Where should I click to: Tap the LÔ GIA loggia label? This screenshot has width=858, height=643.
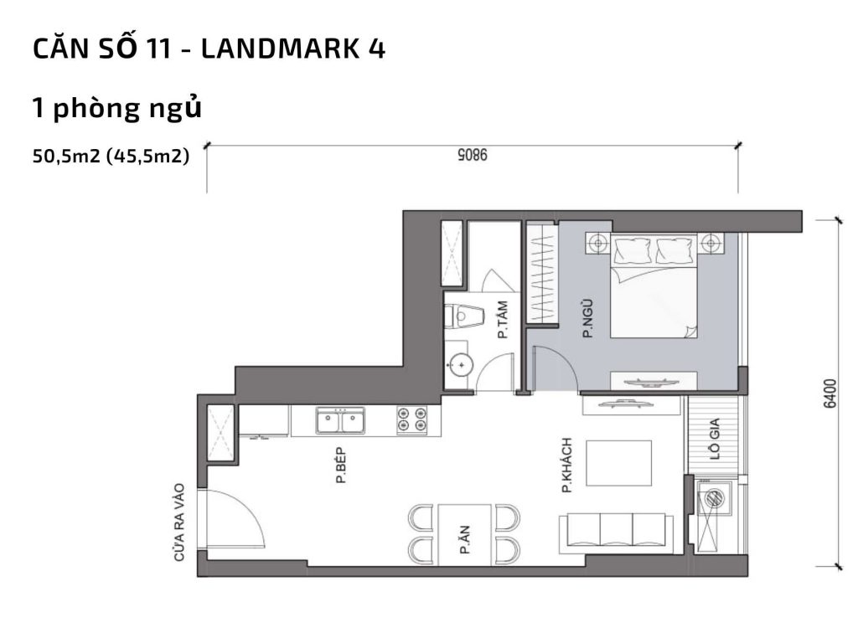[714, 451]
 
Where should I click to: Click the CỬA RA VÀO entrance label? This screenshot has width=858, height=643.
[178, 522]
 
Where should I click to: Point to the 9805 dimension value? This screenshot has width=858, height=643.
[473, 155]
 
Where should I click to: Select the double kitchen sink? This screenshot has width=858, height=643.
[340, 419]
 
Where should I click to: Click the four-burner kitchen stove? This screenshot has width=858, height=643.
[411, 419]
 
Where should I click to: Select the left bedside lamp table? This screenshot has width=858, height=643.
[597, 244]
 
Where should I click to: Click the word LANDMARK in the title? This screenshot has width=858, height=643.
[266, 49]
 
